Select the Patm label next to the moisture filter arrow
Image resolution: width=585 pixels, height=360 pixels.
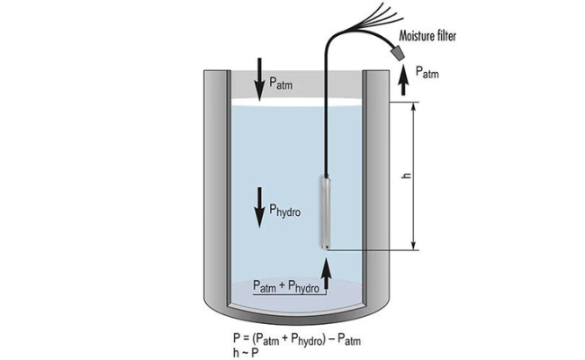427,73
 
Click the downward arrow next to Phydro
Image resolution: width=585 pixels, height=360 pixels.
258,205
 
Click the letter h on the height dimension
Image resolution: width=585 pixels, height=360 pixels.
406,175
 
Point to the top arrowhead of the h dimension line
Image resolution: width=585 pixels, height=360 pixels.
414,106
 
